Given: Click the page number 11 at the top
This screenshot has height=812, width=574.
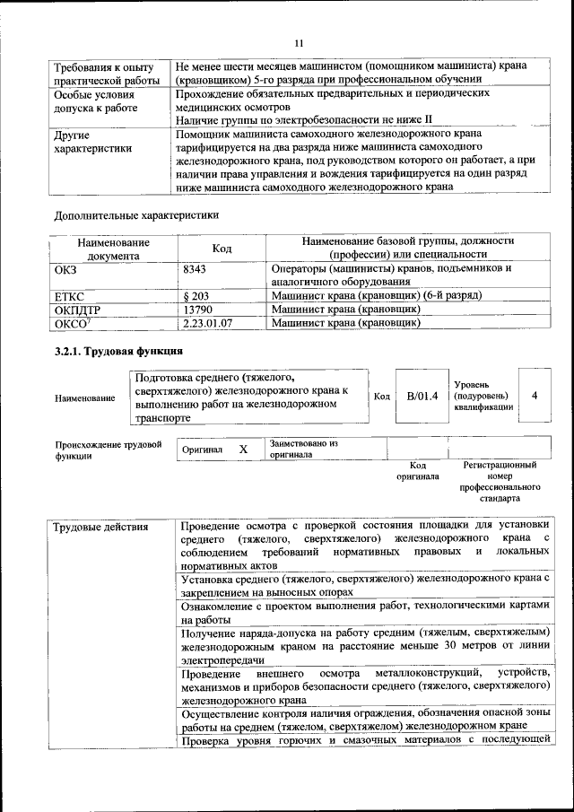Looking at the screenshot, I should click(299, 42).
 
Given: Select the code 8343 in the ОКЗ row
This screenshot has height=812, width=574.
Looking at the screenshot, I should click(195, 268).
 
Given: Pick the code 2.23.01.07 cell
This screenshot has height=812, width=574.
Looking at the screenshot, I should click(208, 322).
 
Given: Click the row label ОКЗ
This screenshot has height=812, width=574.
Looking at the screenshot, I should click(67, 268).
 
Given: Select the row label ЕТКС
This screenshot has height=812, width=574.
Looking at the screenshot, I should click(71, 295).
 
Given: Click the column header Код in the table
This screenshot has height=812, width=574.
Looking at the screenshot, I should click(222, 249).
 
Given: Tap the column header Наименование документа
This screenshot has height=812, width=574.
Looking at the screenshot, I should click(113, 249).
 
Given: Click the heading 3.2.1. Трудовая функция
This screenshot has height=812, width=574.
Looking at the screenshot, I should click(118, 351).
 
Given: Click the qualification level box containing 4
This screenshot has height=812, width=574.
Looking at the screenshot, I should click(535, 396).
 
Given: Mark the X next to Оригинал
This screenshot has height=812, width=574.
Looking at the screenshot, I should click(243, 449).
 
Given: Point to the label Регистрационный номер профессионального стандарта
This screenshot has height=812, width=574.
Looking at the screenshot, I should click(500, 481).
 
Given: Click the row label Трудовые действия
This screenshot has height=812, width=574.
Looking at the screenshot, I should click(100, 527).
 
